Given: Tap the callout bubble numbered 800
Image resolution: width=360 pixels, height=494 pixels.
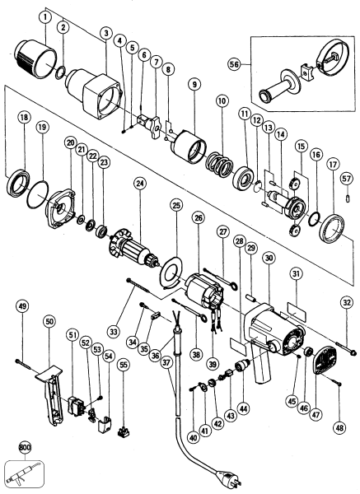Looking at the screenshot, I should tap(25, 449).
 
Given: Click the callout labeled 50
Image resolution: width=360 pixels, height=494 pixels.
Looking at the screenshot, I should tap(49, 320).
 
